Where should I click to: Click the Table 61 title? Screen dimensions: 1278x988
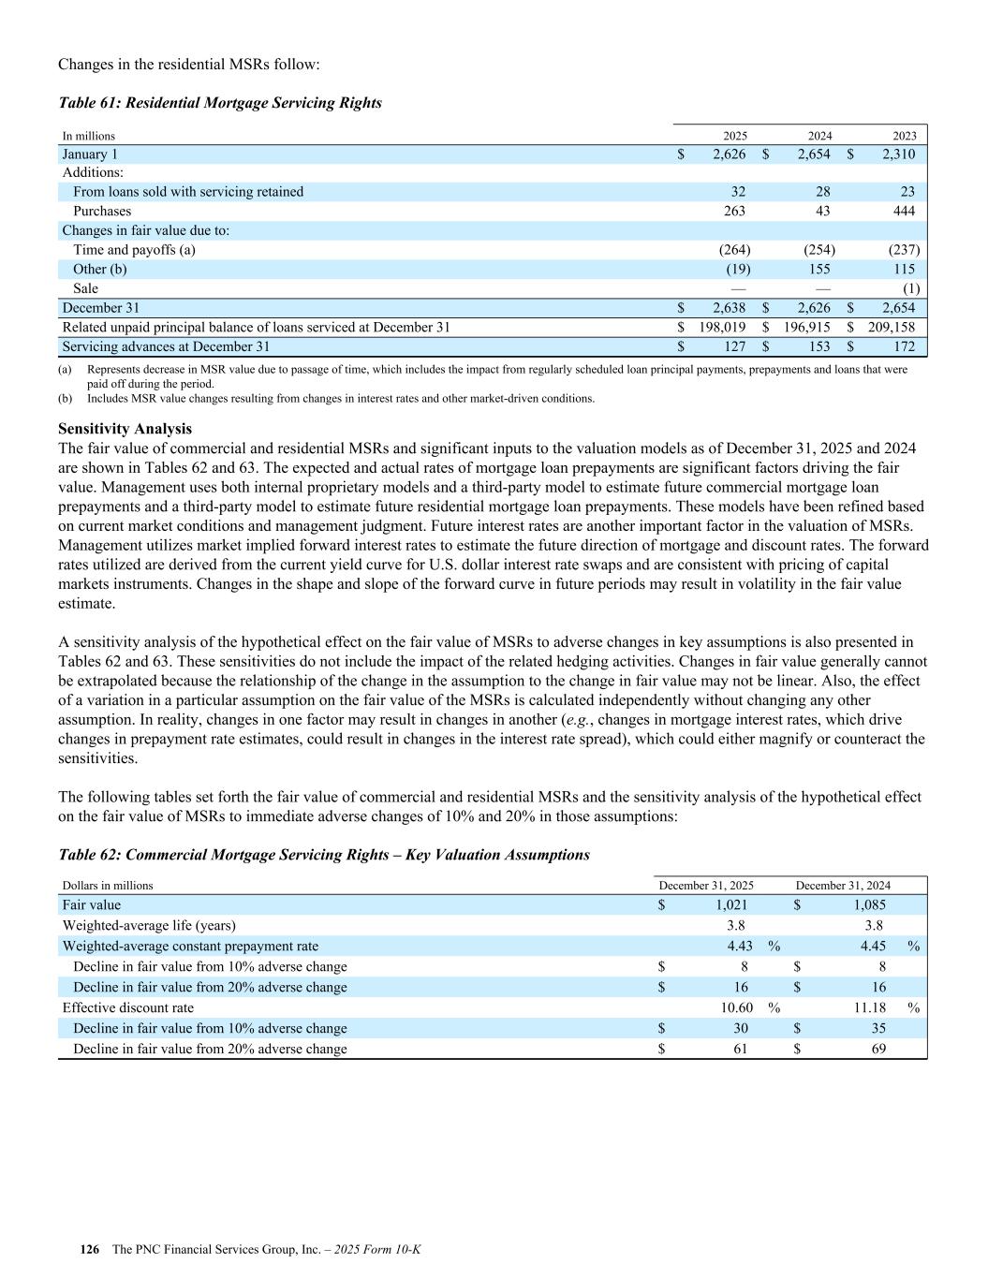[220, 103]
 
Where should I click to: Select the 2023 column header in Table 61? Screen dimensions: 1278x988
[904, 136]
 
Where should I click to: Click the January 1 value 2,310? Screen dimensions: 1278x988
[896, 154]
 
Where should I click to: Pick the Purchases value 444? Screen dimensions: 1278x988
[904, 212]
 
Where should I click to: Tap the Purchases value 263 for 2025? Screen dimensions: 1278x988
[734, 212]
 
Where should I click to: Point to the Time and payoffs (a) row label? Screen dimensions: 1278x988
[134, 250]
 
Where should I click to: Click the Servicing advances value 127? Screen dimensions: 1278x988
[734, 346]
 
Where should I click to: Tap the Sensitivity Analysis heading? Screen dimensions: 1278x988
[125, 429]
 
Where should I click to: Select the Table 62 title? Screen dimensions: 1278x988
[324, 855]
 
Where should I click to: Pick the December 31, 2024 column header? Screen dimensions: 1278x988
[843, 886]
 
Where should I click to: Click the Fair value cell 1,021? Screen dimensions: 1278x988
[731, 905]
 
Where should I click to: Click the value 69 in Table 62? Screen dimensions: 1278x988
[878, 1050]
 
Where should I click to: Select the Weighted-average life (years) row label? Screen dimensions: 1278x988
[149, 926]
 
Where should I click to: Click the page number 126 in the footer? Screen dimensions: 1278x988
[90, 1250]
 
